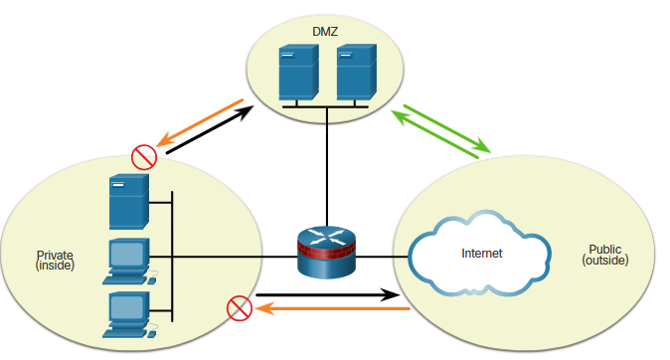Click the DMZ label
pos(325,32)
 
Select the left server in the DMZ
pos(298,73)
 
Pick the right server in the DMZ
pos(357,73)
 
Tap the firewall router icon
pos(326,252)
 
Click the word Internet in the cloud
pos(481,254)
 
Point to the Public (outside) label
pos(605,255)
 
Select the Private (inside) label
pos(55,260)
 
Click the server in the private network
pos(129,201)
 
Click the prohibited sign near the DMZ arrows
pos(144,157)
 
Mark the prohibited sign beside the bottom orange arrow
pos(240,308)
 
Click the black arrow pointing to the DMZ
pos(210,129)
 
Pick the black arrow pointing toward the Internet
pos(328,294)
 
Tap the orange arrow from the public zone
pos(333,308)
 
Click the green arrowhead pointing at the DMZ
pos(400,116)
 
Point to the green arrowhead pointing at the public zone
pos(483,145)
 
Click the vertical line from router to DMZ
pos(327,167)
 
